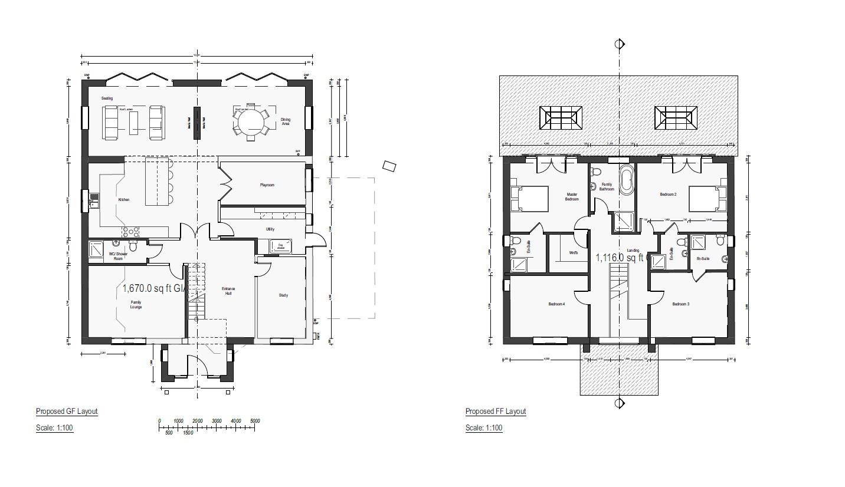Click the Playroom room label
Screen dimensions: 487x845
tap(267, 185)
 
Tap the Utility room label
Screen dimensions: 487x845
tap(270, 229)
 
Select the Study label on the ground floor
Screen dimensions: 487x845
tap(283, 295)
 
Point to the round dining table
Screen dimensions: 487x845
tap(249, 123)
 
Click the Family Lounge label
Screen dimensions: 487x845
tap(136, 305)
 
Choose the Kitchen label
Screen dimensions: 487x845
tap(124, 200)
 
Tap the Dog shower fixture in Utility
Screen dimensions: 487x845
tap(280, 247)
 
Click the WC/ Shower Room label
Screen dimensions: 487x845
tap(116, 256)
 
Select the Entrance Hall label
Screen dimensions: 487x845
tap(228, 291)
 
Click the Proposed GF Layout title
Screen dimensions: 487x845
tap(67, 412)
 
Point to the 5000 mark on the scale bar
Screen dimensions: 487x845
tap(256, 421)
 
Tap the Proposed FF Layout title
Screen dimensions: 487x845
tap(496, 412)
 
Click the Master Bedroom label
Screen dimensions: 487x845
tap(572, 196)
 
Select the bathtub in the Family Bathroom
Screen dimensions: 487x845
tap(626, 180)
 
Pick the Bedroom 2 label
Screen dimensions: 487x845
tap(668, 194)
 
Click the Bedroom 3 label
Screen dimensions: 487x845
tap(680, 304)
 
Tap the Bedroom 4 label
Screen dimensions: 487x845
tap(556, 304)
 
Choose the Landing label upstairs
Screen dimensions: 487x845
tap(633, 251)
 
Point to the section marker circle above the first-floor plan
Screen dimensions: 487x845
tap(620, 44)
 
